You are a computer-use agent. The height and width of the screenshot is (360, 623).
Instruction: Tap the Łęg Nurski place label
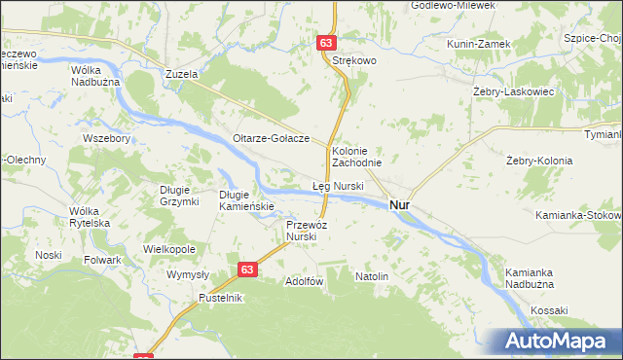click(338, 185)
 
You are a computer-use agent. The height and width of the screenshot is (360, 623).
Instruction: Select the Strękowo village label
click(354, 60)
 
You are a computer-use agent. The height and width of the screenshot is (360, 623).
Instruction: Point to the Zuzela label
click(182, 74)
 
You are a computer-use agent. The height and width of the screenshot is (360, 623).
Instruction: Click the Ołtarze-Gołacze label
click(271, 138)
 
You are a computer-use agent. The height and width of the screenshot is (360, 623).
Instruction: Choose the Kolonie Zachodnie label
click(356, 157)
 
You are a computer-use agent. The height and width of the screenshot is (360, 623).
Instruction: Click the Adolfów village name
click(303, 281)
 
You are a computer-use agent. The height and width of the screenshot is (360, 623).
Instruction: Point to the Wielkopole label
click(169, 249)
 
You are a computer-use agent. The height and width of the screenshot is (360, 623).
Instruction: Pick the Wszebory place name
click(107, 138)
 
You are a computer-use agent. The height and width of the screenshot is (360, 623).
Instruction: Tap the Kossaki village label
click(549, 310)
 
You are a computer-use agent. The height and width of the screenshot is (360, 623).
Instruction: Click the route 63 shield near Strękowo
click(327, 43)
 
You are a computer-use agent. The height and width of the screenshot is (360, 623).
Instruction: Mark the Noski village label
click(49, 255)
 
